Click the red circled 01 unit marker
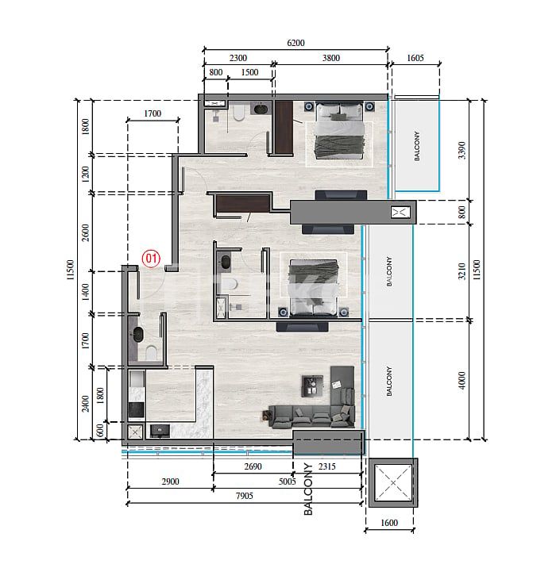[x=151, y=258]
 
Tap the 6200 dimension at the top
[x=295, y=43]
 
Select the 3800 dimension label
[x=330, y=58]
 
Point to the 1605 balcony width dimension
[x=416, y=58]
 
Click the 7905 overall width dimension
[x=244, y=496]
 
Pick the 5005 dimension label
[x=288, y=481]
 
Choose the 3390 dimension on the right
[x=463, y=150]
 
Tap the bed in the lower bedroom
[x=312, y=283]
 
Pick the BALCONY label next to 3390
[x=416, y=146]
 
